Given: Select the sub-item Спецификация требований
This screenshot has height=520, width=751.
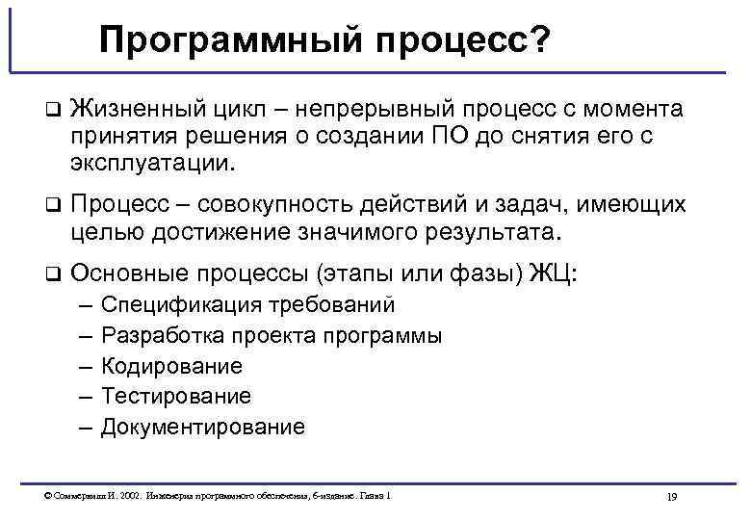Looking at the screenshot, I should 248,305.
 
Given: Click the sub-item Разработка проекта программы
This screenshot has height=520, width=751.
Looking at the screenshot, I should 272,336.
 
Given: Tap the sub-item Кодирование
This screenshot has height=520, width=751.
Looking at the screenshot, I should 171,366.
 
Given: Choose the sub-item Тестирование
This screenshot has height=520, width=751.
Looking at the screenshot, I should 176,396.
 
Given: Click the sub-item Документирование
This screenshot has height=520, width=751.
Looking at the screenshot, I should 203,427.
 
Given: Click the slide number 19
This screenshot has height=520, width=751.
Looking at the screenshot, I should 672,497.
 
